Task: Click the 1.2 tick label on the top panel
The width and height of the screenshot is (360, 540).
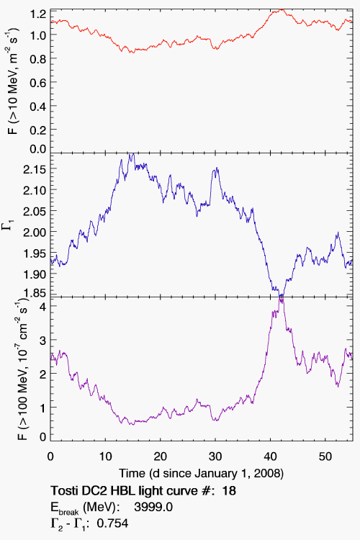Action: [38, 14]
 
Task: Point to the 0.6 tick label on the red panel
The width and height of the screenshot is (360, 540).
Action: [38, 82]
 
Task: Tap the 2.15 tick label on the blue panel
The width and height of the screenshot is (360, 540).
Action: [35, 169]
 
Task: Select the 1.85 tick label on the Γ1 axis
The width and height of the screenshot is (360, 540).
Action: [35, 293]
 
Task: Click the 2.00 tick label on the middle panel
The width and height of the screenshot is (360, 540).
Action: [35, 232]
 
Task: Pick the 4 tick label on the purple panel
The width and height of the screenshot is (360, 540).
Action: [43, 306]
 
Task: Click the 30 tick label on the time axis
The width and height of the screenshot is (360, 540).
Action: [215, 456]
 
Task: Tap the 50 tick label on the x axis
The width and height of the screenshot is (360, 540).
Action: [325, 456]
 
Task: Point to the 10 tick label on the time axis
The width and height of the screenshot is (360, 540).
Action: [105, 456]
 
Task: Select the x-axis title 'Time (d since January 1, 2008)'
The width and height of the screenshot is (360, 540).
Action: [201, 473]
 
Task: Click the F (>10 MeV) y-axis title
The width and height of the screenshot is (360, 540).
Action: [12, 81]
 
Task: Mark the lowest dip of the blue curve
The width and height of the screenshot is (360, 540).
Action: [282, 294]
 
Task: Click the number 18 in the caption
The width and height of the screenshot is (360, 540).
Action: [229, 490]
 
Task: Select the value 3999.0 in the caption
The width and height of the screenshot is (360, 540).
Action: [153, 507]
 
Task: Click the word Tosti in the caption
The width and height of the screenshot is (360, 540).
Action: [63, 490]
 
